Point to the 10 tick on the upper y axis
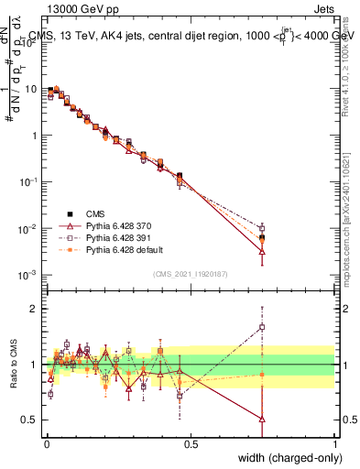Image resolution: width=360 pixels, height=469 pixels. coord(31,90)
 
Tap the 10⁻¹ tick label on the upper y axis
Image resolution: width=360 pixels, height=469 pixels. coord(29,182)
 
